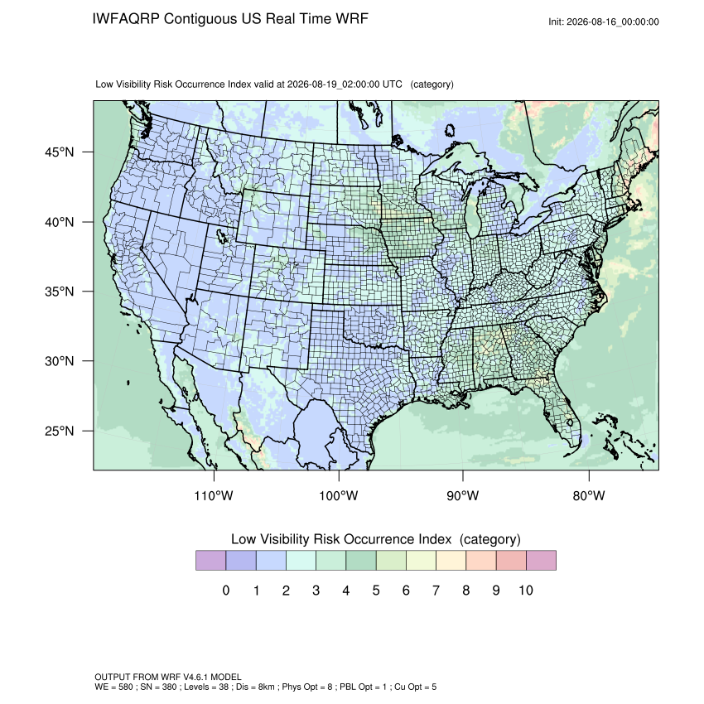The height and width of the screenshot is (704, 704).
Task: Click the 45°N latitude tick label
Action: tap(60, 152)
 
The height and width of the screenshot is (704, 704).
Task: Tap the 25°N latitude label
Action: tap(60, 431)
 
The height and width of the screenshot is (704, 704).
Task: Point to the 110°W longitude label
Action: tap(214, 495)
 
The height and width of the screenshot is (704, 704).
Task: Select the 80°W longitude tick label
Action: tap(589, 495)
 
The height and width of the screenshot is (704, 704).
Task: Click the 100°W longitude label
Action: tap(339, 495)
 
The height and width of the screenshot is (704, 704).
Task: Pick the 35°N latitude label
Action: tap(60, 292)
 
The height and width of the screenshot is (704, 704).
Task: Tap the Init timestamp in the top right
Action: tap(604, 22)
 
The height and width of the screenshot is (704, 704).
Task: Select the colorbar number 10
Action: tap(526, 590)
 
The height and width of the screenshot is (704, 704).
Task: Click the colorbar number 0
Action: tap(226, 590)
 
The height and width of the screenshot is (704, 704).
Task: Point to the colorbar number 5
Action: tap(376, 590)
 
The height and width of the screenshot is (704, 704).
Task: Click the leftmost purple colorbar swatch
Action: tap(211, 561)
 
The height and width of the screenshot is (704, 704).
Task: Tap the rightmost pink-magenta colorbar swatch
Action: tap(541, 561)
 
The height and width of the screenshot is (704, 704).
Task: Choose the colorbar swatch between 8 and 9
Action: tap(481, 561)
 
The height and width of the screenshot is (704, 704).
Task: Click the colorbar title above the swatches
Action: tap(376, 539)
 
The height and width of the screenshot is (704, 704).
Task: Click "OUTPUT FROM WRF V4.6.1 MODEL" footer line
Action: tap(168, 677)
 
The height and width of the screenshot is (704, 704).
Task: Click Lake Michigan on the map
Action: tap(472, 215)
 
